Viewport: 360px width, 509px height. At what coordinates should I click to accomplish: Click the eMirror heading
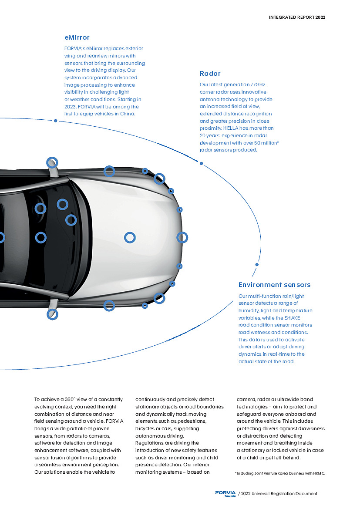(77, 37)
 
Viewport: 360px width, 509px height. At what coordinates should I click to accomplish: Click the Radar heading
(210, 74)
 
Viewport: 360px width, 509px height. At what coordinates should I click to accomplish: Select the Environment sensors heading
(274, 285)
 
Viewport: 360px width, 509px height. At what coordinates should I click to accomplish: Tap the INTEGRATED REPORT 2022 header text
(297, 17)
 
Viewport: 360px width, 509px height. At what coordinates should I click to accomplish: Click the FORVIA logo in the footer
(225, 494)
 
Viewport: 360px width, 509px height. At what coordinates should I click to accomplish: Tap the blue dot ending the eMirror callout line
(56, 121)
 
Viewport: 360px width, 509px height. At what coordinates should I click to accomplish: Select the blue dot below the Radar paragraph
(201, 164)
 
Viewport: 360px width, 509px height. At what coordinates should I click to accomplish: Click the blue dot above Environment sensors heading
(257, 265)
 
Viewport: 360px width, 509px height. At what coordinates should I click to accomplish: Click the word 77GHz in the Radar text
(258, 85)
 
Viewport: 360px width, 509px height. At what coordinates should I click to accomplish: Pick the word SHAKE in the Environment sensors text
(292, 318)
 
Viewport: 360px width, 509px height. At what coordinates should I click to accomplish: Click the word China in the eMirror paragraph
(127, 114)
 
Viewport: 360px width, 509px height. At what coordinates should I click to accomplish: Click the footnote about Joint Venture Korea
(280, 473)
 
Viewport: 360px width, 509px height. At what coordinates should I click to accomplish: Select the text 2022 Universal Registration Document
(279, 494)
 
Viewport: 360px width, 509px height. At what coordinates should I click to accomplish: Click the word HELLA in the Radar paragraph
(230, 128)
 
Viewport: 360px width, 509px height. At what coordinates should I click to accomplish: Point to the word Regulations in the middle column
(148, 443)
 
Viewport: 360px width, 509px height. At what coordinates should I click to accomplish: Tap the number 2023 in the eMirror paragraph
(70, 107)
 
